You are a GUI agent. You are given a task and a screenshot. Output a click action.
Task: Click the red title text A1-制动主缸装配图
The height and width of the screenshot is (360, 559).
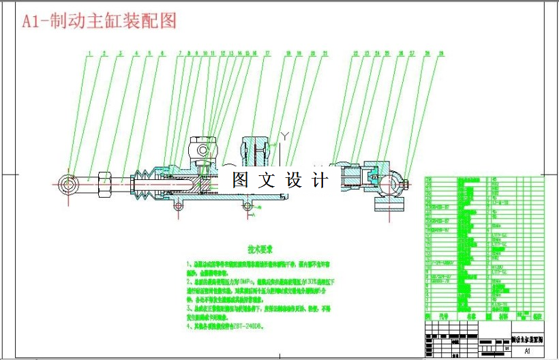tap(100, 21)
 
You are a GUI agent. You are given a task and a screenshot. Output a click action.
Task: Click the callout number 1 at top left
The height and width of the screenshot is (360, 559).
tap(89, 52)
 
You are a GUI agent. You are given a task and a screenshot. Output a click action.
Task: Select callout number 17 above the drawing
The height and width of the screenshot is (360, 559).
tap(268, 52)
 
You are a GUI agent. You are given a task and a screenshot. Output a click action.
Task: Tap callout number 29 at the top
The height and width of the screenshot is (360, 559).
tap(442, 52)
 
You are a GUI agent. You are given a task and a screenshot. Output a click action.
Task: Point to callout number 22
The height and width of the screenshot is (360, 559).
tap(356, 52)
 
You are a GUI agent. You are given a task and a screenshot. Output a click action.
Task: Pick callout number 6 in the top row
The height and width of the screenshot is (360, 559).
tap(162, 52)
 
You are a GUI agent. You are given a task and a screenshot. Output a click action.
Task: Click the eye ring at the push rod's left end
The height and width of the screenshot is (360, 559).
tap(68, 183)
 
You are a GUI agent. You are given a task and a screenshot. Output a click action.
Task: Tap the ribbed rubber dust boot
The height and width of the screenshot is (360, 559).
tap(142, 185)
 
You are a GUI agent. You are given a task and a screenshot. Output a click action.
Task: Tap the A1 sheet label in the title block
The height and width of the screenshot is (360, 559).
tap(527, 351)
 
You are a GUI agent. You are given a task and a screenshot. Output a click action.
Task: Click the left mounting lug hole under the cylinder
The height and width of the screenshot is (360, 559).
tap(179, 205)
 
